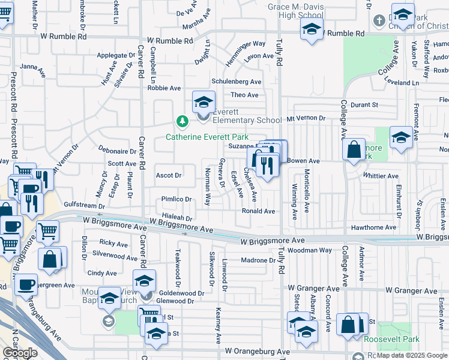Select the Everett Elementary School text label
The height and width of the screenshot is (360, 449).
click(x=247, y=120)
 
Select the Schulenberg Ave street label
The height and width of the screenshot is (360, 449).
click(x=237, y=82)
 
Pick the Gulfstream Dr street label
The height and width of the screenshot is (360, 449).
click(x=76, y=204)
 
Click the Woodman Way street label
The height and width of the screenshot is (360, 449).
click(x=309, y=250)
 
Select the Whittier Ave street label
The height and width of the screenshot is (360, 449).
click(x=381, y=176)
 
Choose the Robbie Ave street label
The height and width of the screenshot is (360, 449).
click(x=164, y=88)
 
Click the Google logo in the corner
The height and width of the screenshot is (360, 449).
click(x=20, y=353)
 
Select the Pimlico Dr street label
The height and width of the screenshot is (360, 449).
click(x=176, y=199)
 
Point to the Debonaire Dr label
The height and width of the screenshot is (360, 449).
click(x=118, y=152)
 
